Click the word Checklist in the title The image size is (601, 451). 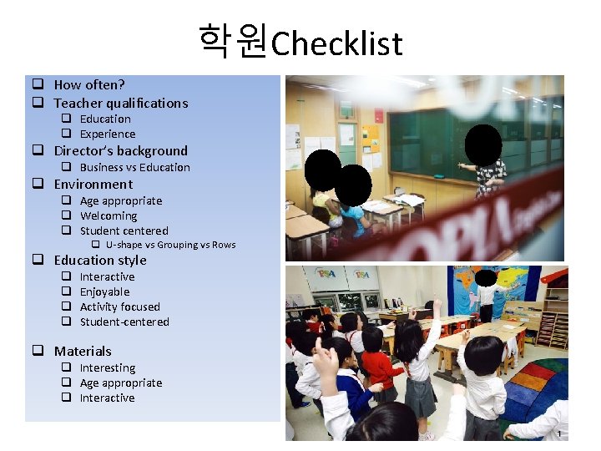pyautogui.click(x=337, y=43)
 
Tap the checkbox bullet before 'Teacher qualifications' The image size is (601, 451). pyautogui.click(x=38, y=104)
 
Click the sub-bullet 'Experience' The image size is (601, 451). pyautogui.click(x=107, y=134)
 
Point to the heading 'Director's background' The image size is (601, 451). pyautogui.click(x=120, y=151)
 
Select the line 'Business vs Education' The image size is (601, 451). pyautogui.click(x=134, y=167)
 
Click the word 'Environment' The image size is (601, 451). pyautogui.click(x=93, y=185)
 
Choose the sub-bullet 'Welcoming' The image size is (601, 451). pyautogui.click(x=108, y=215)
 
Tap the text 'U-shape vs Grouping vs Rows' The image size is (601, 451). pyautogui.click(x=170, y=245)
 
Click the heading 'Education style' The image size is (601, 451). pyautogui.click(x=99, y=261)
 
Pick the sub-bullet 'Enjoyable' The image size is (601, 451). pyautogui.click(x=104, y=291)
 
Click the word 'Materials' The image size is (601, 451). pyautogui.click(x=83, y=352)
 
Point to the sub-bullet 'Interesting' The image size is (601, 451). pyautogui.click(x=107, y=367)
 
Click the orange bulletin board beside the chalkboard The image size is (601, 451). pyautogui.click(x=370, y=139)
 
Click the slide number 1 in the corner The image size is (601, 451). pyautogui.click(x=560, y=434)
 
